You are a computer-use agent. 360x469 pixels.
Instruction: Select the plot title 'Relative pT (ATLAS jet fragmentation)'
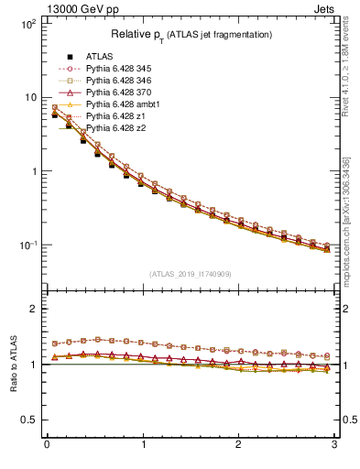click(x=191, y=35)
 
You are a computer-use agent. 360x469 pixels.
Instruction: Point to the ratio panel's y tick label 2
click(x=34, y=310)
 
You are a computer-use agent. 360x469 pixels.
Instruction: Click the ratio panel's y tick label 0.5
click(x=30, y=420)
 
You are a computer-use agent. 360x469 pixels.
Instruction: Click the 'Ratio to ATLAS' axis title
click(x=12, y=364)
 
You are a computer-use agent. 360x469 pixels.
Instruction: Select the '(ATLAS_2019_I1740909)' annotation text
click(x=191, y=274)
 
